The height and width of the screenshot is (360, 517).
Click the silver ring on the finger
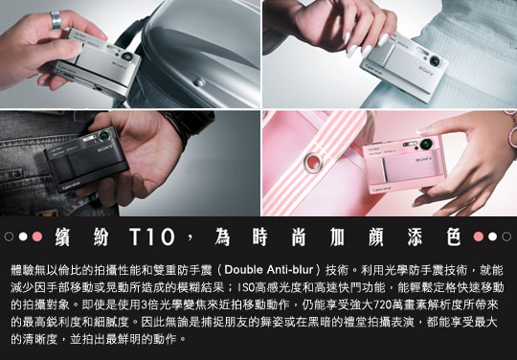click(56, 20)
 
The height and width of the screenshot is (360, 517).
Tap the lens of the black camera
click(104, 135)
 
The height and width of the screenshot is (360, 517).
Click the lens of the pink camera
click(426, 144)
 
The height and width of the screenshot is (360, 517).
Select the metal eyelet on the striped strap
click(313, 163)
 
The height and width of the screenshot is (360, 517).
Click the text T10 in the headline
click(152, 236)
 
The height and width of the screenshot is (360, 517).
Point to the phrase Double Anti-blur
click(268, 270)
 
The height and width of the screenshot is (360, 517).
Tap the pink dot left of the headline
click(37, 236)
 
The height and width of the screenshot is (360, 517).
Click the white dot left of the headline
click(23, 236)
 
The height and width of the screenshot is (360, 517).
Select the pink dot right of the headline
click(479, 236)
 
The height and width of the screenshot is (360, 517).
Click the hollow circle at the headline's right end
click(506, 236)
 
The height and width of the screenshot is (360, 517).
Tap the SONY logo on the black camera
click(105, 147)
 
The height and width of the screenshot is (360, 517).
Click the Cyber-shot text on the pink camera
click(382, 190)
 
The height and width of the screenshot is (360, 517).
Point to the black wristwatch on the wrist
click(190, 126)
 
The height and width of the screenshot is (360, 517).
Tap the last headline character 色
click(454, 236)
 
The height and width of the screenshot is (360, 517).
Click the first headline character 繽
click(62, 236)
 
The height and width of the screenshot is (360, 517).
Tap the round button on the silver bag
click(199, 81)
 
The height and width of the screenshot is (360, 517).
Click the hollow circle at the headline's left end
click(9, 236)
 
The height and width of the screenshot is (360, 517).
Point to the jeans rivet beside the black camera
click(17, 173)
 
